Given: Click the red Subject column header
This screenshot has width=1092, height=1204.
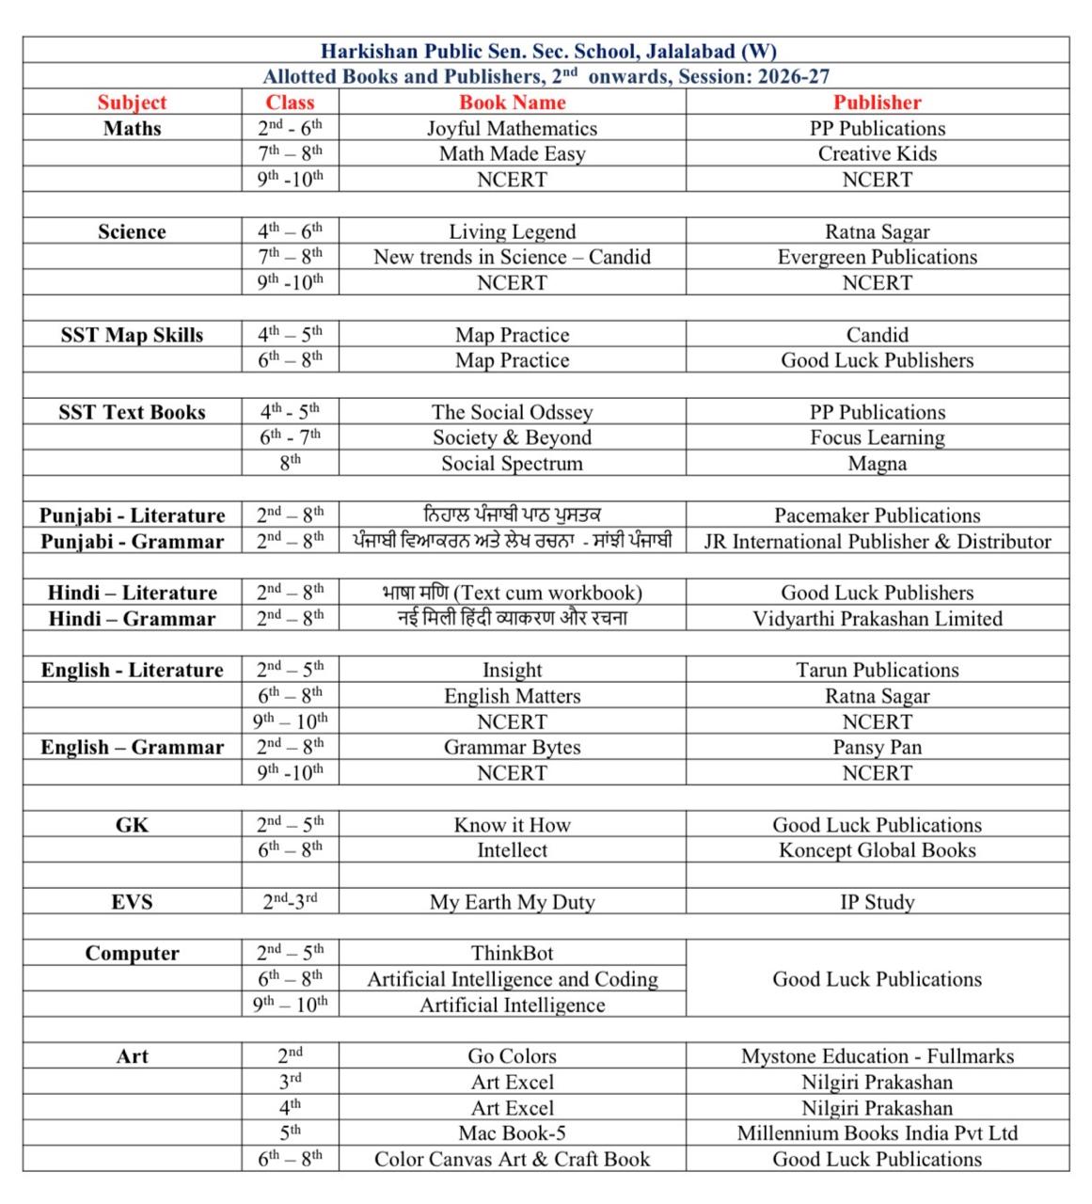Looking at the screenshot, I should tap(132, 103).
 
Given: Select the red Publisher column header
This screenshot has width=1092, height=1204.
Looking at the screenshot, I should tap(877, 103).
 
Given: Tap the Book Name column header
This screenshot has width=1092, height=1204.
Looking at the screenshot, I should tap(512, 103).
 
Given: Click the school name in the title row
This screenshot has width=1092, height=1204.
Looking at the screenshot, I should tap(548, 51).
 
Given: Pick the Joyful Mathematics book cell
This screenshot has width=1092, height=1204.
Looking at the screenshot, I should tap(512, 129).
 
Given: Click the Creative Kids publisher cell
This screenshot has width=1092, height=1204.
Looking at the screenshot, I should tap(877, 154).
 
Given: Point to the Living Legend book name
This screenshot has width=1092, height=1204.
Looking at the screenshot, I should tap(512, 231).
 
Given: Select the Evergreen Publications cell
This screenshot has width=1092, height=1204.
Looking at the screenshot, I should tap(877, 258).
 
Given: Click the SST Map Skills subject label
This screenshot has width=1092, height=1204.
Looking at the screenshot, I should tap(132, 335).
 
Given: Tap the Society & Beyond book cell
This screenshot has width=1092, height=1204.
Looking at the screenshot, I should tap(512, 437).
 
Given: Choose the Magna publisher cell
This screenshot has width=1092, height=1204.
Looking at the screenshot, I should tap(877, 464).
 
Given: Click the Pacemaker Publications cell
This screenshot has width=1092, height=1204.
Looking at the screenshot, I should tap(877, 515).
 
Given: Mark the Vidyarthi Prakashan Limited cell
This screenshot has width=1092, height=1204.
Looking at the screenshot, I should tap(877, 619).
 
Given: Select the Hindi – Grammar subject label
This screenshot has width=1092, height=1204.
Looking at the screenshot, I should tap(132, 619).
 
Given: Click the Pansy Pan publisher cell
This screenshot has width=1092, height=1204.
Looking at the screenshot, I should tap(877, 748).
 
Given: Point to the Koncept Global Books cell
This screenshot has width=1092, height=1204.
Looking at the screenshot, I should tap(877, 850).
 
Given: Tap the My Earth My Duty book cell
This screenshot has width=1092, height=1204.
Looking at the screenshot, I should tap(512, 902).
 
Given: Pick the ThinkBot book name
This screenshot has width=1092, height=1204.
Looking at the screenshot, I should tap(512, 953).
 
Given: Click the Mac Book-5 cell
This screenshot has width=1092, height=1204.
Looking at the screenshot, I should tap(512, 1133).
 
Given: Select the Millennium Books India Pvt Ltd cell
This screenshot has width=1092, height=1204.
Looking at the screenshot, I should tap(877, 1133).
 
